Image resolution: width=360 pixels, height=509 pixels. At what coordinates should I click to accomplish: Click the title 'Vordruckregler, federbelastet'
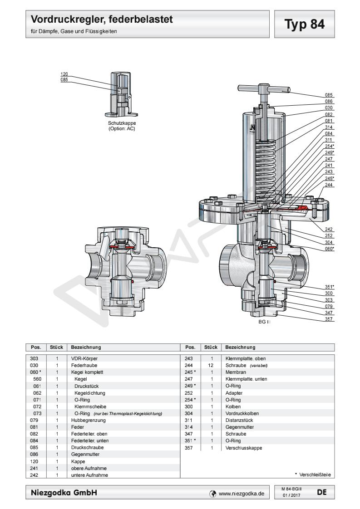(103, 20)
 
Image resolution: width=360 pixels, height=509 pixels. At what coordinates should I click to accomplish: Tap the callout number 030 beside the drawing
(329, 108)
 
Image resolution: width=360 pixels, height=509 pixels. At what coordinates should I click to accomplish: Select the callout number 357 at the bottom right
(329, 319)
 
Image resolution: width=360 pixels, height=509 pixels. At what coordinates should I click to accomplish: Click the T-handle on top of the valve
(264, 89)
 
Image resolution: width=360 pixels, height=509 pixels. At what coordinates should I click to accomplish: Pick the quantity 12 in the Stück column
(212, 364)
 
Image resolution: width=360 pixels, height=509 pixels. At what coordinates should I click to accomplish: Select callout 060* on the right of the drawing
(329, 249)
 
